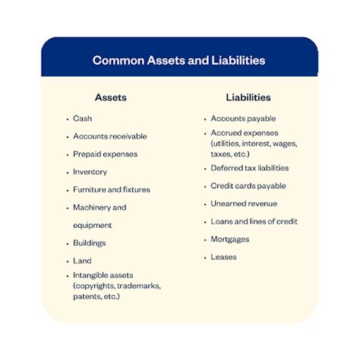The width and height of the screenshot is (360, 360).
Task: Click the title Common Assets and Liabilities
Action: pyautogui.click(x=178, y=59)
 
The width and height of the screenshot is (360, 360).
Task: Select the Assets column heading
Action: pyautogui.click(x=110, y=98)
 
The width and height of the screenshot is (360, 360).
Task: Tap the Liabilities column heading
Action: pyautogui.click(x=248, y=97)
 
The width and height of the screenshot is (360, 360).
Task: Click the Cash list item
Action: pyautogui.click(x=83, y=119)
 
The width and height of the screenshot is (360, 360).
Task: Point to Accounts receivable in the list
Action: pyautogui.click(x=109, y=137)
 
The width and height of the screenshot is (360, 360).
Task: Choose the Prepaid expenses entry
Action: pyautogui.click(x=105, y=154)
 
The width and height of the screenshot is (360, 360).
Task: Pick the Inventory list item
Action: pyautogui.click(x=90, y=172)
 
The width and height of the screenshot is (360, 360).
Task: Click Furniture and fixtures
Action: pyautogui.click(x=112, y=189)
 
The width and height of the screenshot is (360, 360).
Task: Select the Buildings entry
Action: pyautogui.click(x=89, y=243)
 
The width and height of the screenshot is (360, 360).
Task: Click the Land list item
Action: pyautogui.click(x=82, y=261)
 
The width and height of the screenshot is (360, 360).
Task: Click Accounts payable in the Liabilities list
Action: pyautogui.click(x=243, y=119)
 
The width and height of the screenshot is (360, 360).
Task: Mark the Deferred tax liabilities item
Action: pyautogui.click(x=249, y=168)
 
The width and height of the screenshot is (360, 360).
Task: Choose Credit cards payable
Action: pyautogui.click(x=248, y=186)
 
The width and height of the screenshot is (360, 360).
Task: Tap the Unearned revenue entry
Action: pyautogui.click(x=243, y=204)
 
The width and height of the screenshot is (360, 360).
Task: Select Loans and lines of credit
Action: pyautogui.click(x=254, y=222)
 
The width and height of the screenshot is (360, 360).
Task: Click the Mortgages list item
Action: pyautogui.click(x=229, y=239)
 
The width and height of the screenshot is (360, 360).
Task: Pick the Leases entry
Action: pyautogui.click(x=223, y=257)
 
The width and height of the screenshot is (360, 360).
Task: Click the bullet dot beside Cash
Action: pyautogui.click(x=67, y=120)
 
